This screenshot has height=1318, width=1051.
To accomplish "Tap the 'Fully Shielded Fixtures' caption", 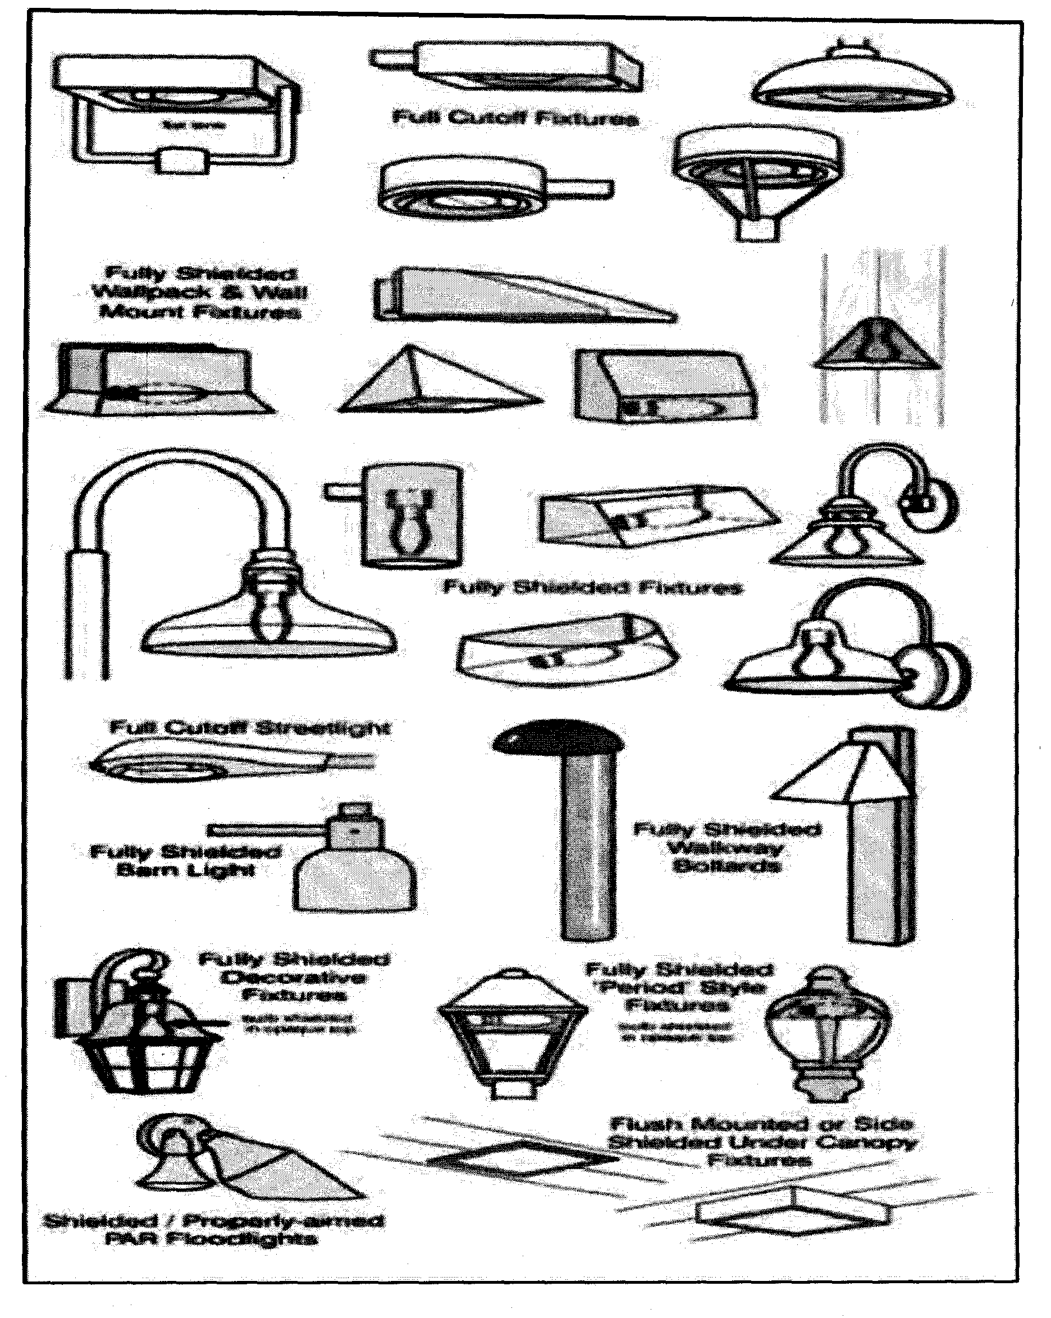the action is click(593, 587).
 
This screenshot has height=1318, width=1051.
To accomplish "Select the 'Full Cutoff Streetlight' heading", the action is click(250, 727).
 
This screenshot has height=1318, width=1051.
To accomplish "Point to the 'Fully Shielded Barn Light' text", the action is click(186, 860).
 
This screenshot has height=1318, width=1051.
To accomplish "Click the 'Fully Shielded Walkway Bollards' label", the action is click(726, 847).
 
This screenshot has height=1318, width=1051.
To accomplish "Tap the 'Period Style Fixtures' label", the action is click(679, 987).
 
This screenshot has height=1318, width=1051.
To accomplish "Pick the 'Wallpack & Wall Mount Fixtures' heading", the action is click(200, 292).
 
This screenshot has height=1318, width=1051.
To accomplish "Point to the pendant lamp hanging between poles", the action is click(878, 345).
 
